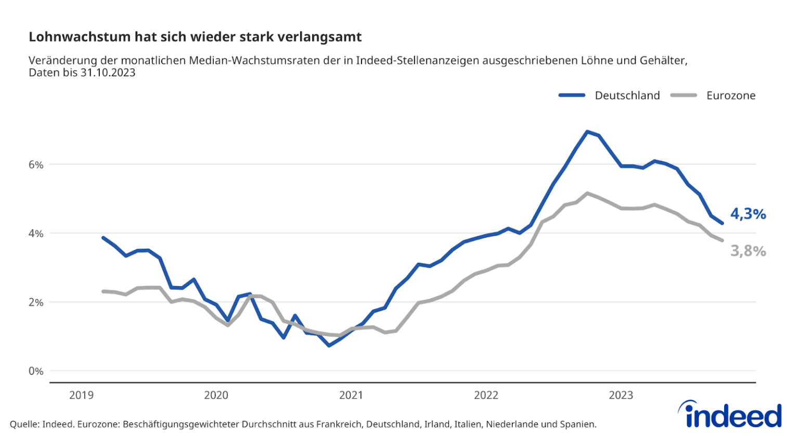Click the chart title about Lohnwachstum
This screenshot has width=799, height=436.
[x=195, y=37]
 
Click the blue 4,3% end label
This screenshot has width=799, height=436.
[x=748, y=214]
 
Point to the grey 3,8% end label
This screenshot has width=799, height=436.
[x=748, y=251]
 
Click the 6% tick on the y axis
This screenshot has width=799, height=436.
[x=36, y=164]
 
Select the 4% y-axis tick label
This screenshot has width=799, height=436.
[x=36, y=234]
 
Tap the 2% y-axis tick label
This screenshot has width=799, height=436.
[x=36, y=302]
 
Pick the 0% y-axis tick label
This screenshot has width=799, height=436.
[x=36, y=371]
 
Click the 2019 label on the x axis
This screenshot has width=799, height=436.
[x=81, y=395]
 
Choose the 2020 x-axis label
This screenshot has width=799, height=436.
[x=216, y=395]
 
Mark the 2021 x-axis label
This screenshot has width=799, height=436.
[x=351, y=395]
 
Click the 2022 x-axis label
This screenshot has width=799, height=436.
[x=486, y=395]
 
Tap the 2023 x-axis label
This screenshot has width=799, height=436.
[x=621, y=395]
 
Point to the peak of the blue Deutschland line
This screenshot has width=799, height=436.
[x=587, y=132]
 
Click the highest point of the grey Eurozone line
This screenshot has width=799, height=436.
[x=587, y=193]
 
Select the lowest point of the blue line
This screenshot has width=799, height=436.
[x=329, y=345]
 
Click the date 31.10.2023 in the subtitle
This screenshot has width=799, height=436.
[x=108, y=73]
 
